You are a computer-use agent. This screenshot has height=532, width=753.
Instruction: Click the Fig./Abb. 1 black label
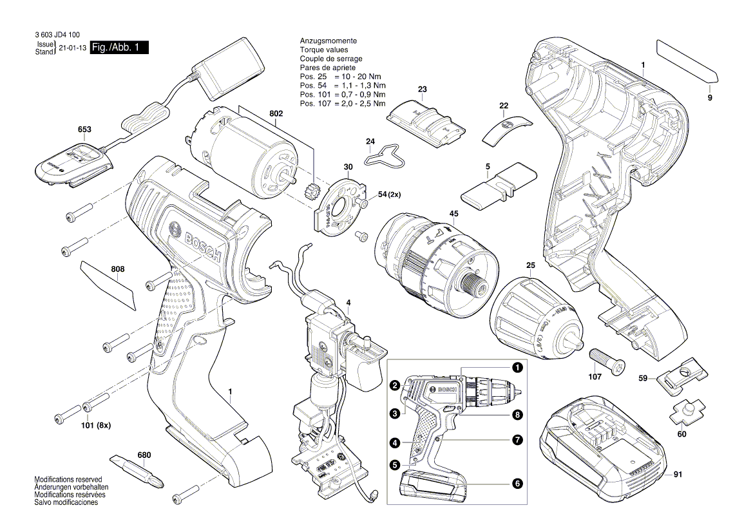point(120,48)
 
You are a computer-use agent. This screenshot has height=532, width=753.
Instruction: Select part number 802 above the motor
point(276,113)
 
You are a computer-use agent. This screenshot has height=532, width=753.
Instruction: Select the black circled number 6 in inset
point(517,482)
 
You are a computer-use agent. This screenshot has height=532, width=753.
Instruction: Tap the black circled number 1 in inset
point(517,368)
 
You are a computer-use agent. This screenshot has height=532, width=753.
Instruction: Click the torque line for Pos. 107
point(343,104)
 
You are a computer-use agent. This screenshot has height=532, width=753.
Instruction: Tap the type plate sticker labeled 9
point(687,62)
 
